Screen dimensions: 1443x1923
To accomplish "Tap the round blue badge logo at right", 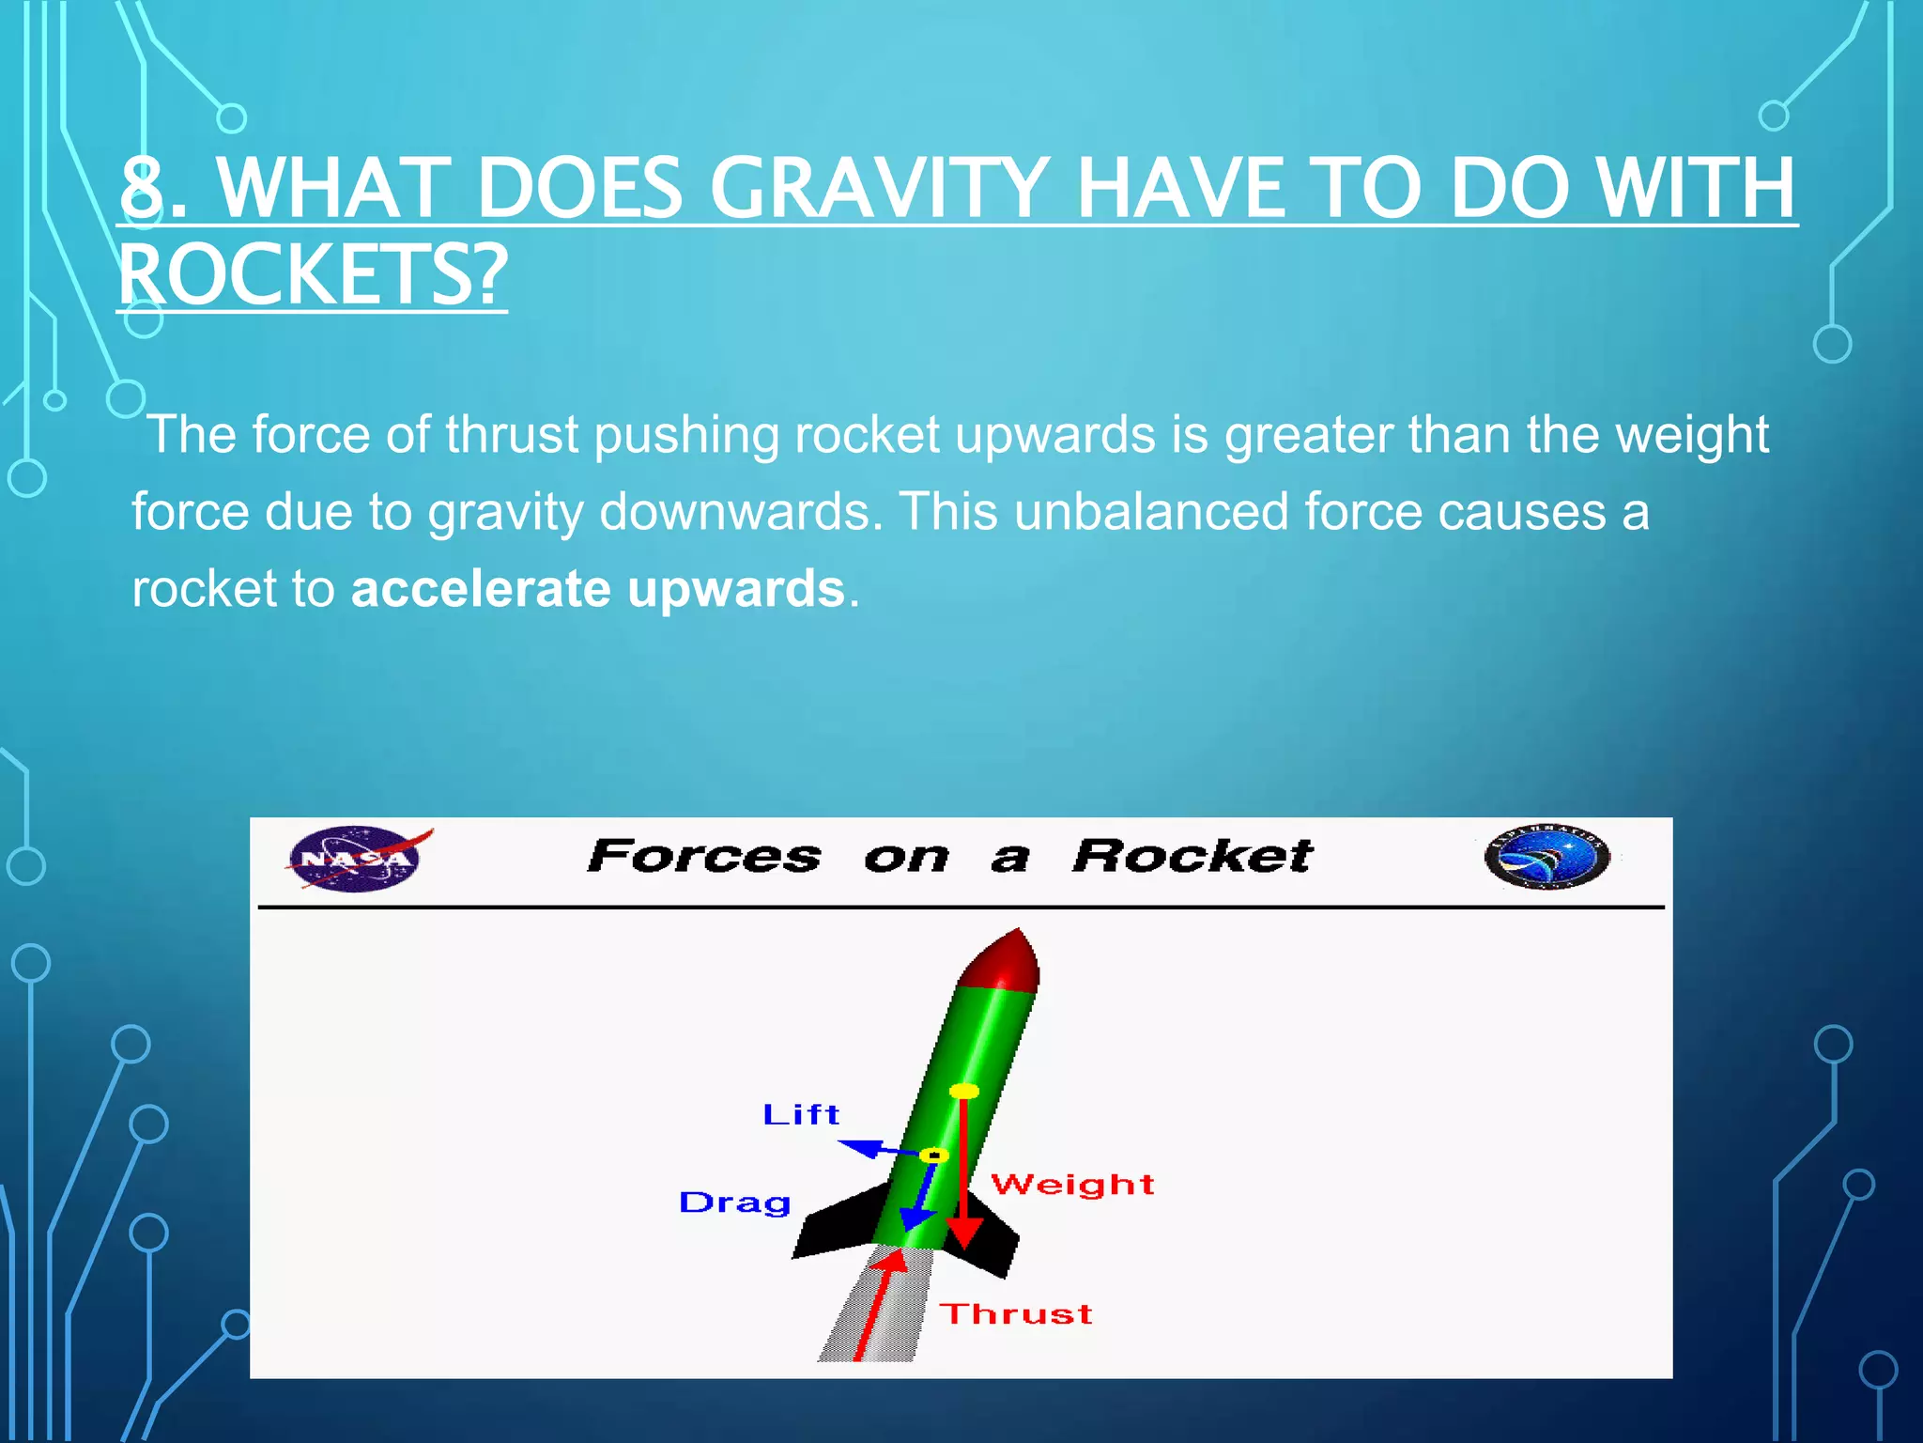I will tap(1546, 857).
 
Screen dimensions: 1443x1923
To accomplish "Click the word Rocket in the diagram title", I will tap(1192, 857).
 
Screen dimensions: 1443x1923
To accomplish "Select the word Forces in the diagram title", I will tap(703, 857).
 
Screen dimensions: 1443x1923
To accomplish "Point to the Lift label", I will tap(801, 1115).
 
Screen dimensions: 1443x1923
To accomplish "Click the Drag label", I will tap(735, 1203).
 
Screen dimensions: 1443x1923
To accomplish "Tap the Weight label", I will tap(1072, 1185).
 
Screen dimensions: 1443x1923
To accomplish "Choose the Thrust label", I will tap(1016, 1314).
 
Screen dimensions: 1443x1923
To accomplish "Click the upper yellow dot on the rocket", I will tap(964, 1091).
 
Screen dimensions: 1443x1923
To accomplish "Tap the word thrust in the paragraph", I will tap(512, 435).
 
